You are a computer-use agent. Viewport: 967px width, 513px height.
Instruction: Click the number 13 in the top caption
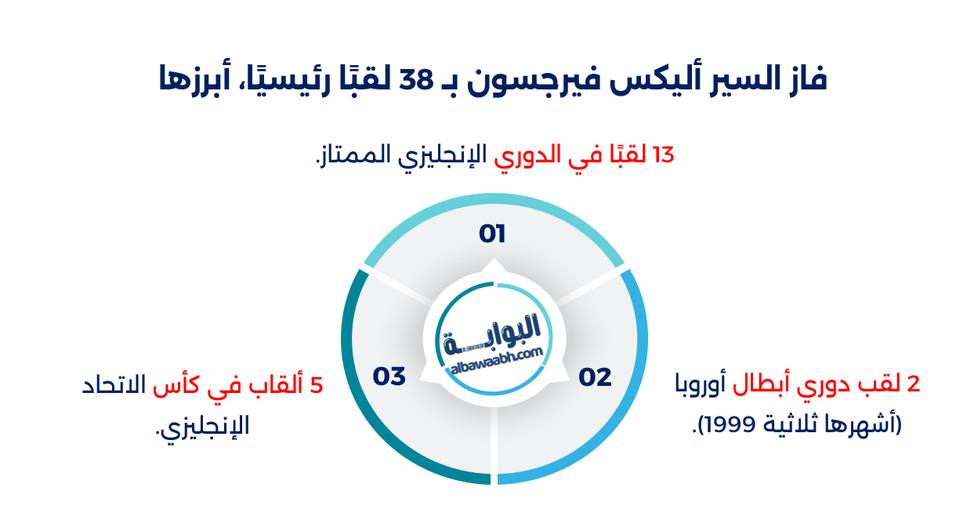[x=662, y=155]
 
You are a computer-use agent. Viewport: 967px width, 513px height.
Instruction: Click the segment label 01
[x=492, y=234]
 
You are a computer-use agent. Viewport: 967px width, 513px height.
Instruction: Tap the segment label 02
[x=595, y=377]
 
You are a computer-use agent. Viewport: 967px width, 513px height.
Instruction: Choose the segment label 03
[x=389, y=377]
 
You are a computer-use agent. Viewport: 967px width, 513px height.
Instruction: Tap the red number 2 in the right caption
[x=912, y=385]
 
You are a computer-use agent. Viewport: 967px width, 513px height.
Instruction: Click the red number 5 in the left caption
[x=317, y=386]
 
